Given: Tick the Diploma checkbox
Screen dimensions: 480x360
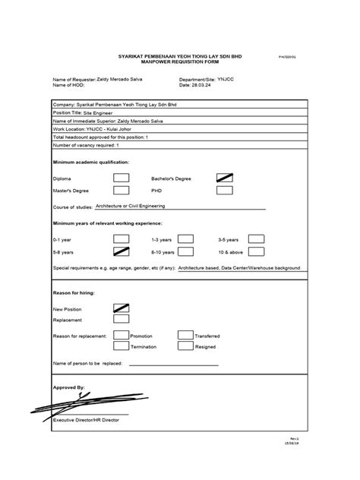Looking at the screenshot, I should [121, 178].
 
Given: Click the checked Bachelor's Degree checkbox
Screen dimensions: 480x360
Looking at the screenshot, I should [225, 178].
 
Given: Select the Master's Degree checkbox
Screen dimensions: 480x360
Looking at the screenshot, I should [121, 191].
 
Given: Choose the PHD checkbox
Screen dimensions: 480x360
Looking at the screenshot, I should [225, 191].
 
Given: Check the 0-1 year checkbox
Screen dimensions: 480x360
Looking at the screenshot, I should [121, 238].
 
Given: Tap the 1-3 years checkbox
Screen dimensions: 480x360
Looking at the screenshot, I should [185, 238].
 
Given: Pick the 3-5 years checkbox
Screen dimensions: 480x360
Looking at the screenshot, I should [256, 238].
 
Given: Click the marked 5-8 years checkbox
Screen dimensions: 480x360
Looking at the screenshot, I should [121, 251].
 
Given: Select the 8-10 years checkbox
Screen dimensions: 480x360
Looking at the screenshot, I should [185, 251].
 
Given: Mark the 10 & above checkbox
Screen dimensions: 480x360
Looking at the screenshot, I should [256, 251].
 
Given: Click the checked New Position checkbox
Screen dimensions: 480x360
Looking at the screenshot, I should [121, 308].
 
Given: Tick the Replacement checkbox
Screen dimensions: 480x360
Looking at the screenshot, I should [121, 321].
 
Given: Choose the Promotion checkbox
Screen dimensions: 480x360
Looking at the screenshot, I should [121, 334].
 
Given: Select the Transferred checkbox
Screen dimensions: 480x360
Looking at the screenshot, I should [185, 334].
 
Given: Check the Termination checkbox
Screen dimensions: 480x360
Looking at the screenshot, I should [121, 346].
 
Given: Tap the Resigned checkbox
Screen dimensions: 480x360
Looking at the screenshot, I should [185, 346].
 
